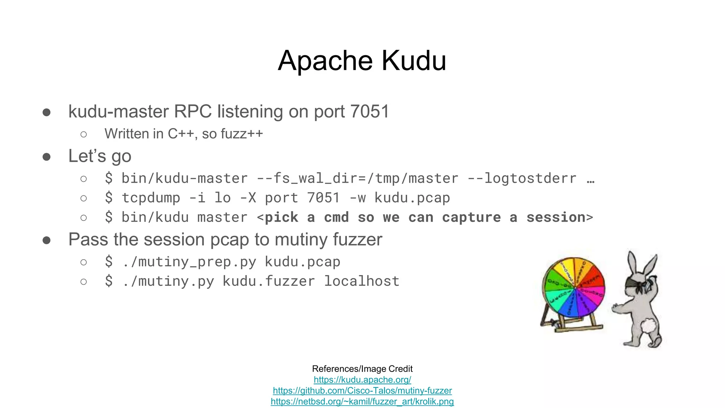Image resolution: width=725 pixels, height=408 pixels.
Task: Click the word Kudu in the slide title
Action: click(x=413, y=61)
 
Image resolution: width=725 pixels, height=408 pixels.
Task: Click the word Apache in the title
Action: click(x=325, y=61)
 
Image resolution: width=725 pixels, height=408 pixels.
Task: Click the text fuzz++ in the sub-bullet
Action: click(x=241, y=134)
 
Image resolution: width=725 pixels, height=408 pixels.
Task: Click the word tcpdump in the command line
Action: click(x=151, y=198)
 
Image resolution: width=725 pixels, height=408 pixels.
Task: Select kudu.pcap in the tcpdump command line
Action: click(x=412, y=198)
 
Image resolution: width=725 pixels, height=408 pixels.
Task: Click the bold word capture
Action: click(x=471, y=217)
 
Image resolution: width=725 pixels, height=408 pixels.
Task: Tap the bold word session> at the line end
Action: click(x=559, y=217)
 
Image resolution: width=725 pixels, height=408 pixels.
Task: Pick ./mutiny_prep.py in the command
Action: click(x=189, y=262)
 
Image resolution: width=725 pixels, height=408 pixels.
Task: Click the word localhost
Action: click(x=362, y=281)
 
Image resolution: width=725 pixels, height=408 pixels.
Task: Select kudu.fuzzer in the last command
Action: click(x=268, y=281)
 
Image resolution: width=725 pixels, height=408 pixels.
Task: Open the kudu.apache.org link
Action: click(x=362, y=380)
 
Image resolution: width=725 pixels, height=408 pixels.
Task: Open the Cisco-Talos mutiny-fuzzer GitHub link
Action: click(x=362, y=391)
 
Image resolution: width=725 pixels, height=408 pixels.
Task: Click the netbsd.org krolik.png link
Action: click(x=362, y=402)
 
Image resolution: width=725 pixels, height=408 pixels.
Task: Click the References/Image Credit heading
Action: click(x=362, y=369)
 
